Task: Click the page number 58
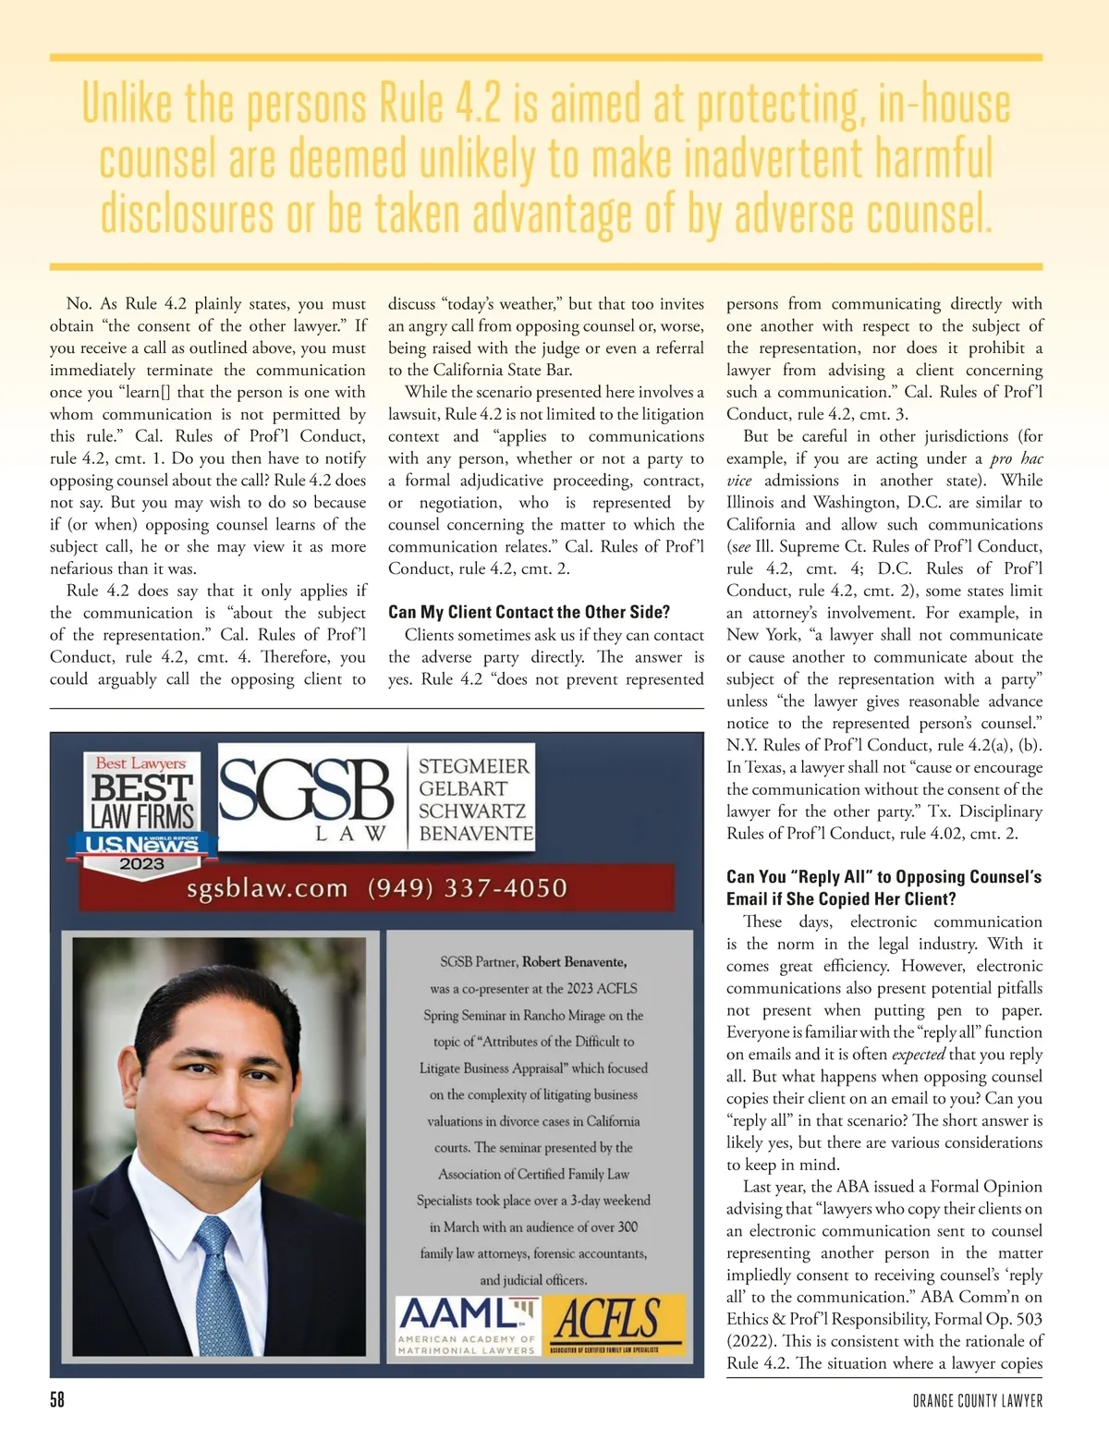coord(57,1400)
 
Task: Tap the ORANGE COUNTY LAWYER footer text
coord(977,1401)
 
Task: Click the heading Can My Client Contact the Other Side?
coord(529,612)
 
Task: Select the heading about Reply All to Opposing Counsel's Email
coord(884,887)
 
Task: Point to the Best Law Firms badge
coord(142,809)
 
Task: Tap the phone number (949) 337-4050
coord(467,888)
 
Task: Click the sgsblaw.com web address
coord(267,889)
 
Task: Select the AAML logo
coord(467,1324)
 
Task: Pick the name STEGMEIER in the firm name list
coord(474,766)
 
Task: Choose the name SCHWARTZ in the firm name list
coord(472,811)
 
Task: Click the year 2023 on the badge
coord(141,864)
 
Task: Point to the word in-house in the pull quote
coord(944,104)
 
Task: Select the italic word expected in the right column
coord(918,1055)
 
